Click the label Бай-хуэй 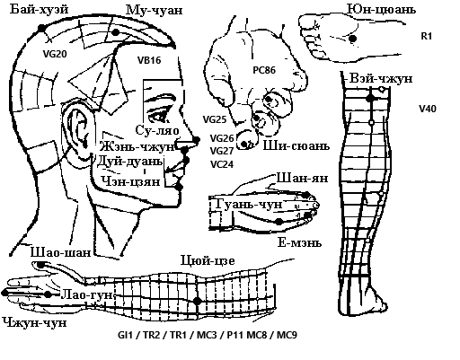point(40,9)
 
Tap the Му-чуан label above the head point(154,10)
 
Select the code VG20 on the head point(55,54)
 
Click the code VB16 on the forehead point(149,60)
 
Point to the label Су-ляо point(157,130)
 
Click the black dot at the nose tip point(196,140)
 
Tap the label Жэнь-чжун point(137,146)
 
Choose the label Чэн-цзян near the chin point(130,181)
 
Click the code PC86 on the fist point(264,70)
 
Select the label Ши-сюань point(296,145)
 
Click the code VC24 point(222,164)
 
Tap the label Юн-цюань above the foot point(381,9)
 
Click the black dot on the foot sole point(353,39)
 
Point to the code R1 point(427,36)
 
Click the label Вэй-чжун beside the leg point(381,79)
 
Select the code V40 point(428,109)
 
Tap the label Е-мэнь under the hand point(299,242)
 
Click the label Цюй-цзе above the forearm point(208,260)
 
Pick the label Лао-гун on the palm point(87,295)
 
